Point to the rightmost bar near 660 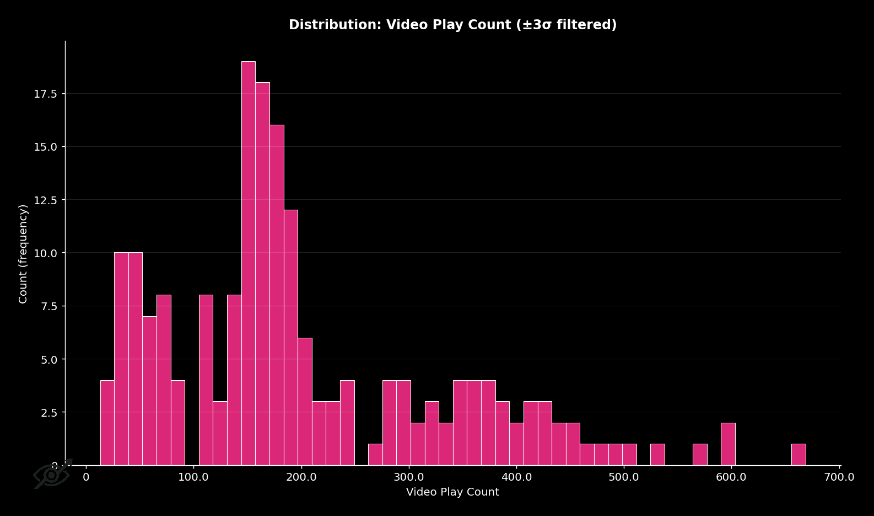799,455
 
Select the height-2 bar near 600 728,444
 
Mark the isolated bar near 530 657,455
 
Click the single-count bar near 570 700,455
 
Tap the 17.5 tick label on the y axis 46,94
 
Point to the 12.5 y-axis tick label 46,200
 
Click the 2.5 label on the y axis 48,413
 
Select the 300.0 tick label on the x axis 409,477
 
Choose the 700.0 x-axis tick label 839,477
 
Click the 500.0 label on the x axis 624,477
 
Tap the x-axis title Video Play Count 452,492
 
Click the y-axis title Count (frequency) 23,254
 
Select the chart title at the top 452,25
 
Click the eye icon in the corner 52,474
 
